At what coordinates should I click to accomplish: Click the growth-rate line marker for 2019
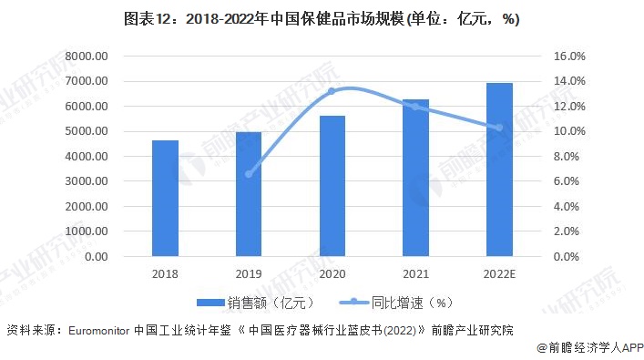click(x=249, y=174)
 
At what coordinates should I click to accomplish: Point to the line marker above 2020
click(x=332, y=91)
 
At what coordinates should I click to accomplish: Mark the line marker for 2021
click(x=415, y=107)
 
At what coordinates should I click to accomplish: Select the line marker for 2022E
click(x=498, y=128)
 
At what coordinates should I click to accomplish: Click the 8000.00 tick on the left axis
click(x=86, y=57)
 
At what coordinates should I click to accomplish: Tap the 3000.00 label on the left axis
click(x=86, y=181)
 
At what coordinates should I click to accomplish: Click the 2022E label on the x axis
click(x=498, y=273)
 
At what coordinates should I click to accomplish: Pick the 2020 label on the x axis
click(x=332, y=273)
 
